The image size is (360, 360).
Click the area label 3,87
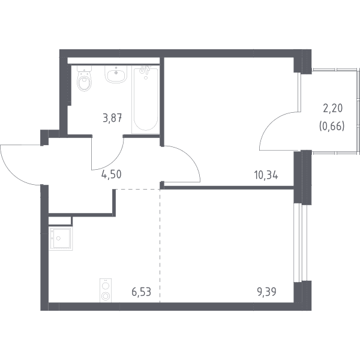112,119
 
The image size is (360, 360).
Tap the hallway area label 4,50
112,175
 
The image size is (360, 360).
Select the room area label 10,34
266,176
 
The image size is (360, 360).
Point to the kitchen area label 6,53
142,292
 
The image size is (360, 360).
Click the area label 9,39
266,292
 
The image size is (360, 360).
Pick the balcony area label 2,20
332,109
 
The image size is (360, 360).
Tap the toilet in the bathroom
84,79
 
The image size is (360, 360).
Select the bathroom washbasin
116,74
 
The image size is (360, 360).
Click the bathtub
146,100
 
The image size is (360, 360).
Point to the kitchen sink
61,239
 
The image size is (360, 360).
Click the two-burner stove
106,290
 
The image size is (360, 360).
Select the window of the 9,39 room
301,243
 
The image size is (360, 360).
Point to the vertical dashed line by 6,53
160,245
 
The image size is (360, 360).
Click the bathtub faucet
145,70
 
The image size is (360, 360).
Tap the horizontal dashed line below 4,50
137,189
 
